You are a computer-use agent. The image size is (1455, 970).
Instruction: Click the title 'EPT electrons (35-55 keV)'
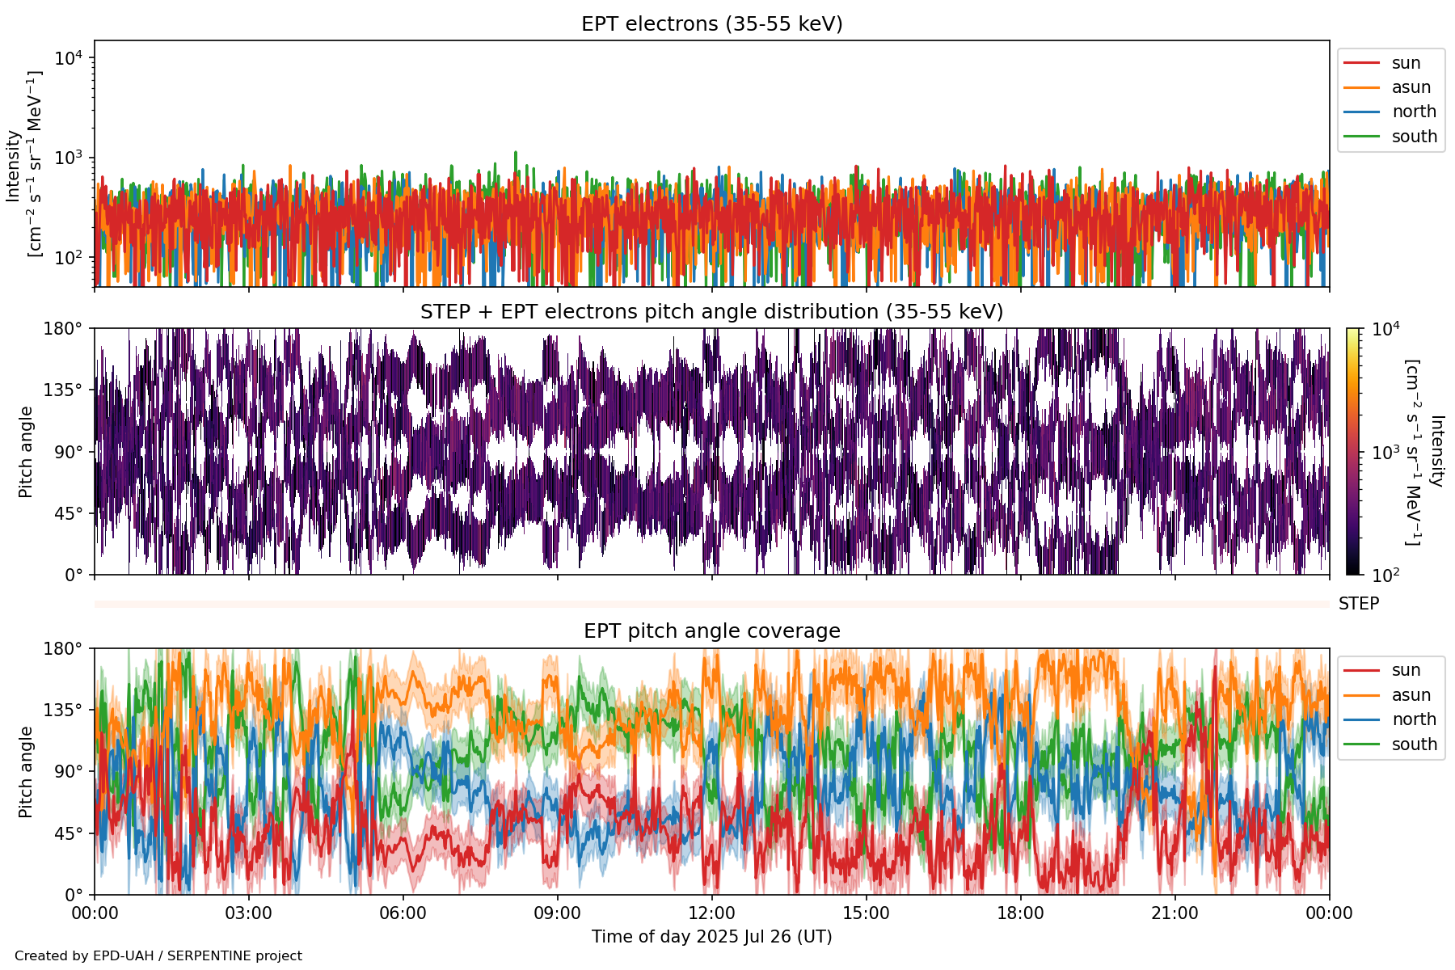tap(711, 24)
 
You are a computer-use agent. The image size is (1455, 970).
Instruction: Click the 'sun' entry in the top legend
tap(1406, 63)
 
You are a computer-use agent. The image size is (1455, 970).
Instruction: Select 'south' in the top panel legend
tap(1414, 137)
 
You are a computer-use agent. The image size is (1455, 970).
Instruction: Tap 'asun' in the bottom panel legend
tap(1411, 695)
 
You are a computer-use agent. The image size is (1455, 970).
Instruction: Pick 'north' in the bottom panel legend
tap(1414, 719)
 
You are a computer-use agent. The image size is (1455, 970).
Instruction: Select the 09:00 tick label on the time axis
tap(557, 913)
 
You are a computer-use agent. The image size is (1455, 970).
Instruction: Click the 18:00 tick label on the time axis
tap(1020, 913)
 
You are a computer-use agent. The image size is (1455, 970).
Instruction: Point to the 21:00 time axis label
tap(1175, 913)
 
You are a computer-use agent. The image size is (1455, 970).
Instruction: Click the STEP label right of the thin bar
tap(1358, 604)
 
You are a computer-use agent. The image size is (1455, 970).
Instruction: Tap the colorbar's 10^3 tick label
tap(1385, 452)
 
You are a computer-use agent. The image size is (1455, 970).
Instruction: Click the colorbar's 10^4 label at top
tap(1385, 329)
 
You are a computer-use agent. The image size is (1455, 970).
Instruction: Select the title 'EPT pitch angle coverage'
tap(711, 631)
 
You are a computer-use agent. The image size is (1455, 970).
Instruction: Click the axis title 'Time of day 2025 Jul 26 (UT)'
tap(711, 937)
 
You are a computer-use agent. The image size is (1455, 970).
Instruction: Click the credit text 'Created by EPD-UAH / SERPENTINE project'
tap(158, 956)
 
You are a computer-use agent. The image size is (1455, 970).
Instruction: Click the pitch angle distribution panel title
tap(711, 312)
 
